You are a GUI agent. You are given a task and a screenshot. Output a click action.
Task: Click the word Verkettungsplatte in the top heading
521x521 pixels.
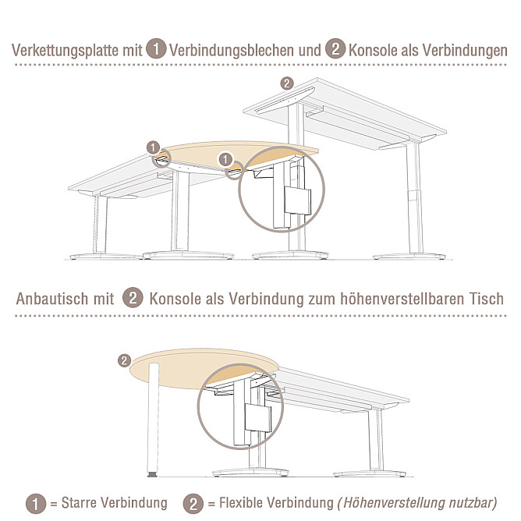pyautogui.click(x=66, y=51)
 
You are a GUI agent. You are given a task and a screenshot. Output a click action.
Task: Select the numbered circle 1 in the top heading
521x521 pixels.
pyautogui.click(x=156, y=48)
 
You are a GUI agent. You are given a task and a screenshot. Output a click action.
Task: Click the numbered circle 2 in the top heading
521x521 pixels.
pyautogui.click(x=335, y=48)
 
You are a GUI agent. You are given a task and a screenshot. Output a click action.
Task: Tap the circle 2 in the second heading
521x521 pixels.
pyautogui.click(x=133, y=297)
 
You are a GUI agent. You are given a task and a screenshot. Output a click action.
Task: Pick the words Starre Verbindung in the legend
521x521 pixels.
pyautogui.click(x=115, y=503)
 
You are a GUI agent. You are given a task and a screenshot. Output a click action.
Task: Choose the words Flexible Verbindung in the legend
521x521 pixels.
pyautogui.click(x=276, y=503)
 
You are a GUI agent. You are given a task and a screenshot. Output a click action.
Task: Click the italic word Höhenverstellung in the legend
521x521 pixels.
pyautogui.click(x=394, y=503)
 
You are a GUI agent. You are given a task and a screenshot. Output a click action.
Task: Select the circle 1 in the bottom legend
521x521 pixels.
pyautogui.click(x=36, y=504)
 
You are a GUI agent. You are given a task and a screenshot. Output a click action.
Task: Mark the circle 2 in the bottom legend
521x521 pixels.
pyautogui.click(x=193, y=504)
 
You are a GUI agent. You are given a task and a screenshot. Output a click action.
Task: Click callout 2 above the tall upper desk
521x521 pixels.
pyautogui.click(x=287, y=83)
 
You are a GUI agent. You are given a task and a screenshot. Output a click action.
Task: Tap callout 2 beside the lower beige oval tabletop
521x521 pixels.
pyautogui.click(x=124, y=360)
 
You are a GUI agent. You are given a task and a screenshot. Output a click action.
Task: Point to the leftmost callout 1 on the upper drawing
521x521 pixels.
pyautogui.click(x=153, y=147)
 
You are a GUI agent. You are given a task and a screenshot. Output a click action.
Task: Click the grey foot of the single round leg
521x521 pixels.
pyautogui.click(x=152, y=474)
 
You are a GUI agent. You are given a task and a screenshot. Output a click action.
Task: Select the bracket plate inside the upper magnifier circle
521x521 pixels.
pyautogui.click(x=297, y=201)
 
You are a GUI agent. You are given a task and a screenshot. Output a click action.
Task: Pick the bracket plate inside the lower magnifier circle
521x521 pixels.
pyautogui.click(x=257, y=419)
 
